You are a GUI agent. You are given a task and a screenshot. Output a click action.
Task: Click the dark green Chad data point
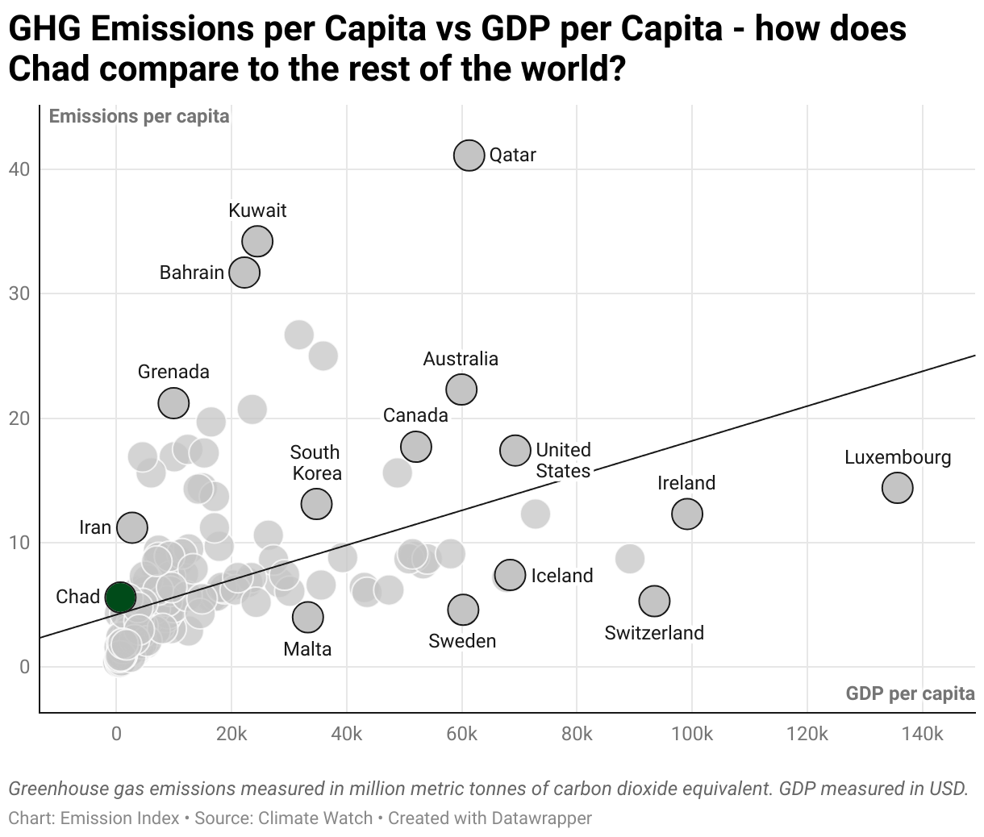119,598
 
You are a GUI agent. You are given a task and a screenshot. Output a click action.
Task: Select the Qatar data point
469,156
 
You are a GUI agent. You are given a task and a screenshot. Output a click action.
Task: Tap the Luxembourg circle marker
897,487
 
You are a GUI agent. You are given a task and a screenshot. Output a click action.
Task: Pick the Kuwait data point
257,240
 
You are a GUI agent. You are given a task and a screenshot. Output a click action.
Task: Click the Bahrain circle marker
244,272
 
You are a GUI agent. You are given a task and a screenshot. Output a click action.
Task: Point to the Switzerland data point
654,600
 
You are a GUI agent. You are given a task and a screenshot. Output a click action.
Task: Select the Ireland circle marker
686,513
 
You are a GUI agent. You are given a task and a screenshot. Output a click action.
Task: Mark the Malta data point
307,617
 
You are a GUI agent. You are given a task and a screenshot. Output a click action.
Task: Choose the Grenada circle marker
173,402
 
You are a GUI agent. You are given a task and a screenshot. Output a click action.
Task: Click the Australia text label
461,359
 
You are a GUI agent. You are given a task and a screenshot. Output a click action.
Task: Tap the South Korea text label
315,463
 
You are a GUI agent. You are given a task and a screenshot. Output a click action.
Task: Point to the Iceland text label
561,576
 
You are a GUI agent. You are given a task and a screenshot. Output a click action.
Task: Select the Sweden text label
462,641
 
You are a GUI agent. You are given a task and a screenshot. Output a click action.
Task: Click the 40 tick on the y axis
19,169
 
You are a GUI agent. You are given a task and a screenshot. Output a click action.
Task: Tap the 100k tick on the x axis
692,735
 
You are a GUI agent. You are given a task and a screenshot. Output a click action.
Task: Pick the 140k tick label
922,735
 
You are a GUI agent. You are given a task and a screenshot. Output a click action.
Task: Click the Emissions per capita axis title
139,117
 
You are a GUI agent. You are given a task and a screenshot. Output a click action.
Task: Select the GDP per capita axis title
910,693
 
